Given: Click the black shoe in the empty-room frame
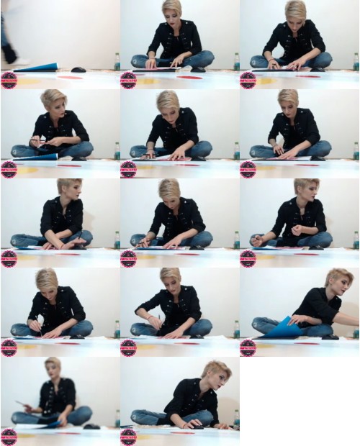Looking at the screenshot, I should tap(9, 54).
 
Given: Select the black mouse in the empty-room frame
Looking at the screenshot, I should tap(78, 70).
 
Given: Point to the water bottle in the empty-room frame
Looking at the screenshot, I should tap(117, 62).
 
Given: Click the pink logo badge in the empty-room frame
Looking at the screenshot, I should tap(9, 79).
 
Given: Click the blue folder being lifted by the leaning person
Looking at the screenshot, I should tap(284, 328).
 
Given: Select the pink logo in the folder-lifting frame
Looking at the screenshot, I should tap(248, 347).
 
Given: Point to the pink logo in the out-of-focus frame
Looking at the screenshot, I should tap(9, 436).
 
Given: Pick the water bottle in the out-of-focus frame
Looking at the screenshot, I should tap(117, 418).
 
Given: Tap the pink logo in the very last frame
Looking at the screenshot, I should tap(128, 436).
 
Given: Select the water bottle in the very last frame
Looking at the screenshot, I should tap(236, 418).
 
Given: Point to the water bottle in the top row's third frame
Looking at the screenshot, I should tap(356, 62).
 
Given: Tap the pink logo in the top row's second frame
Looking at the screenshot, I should tap(128, 79).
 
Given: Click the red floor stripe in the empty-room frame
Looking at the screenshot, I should tap(70, 77).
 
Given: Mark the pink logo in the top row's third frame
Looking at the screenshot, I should tap(248, 79).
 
